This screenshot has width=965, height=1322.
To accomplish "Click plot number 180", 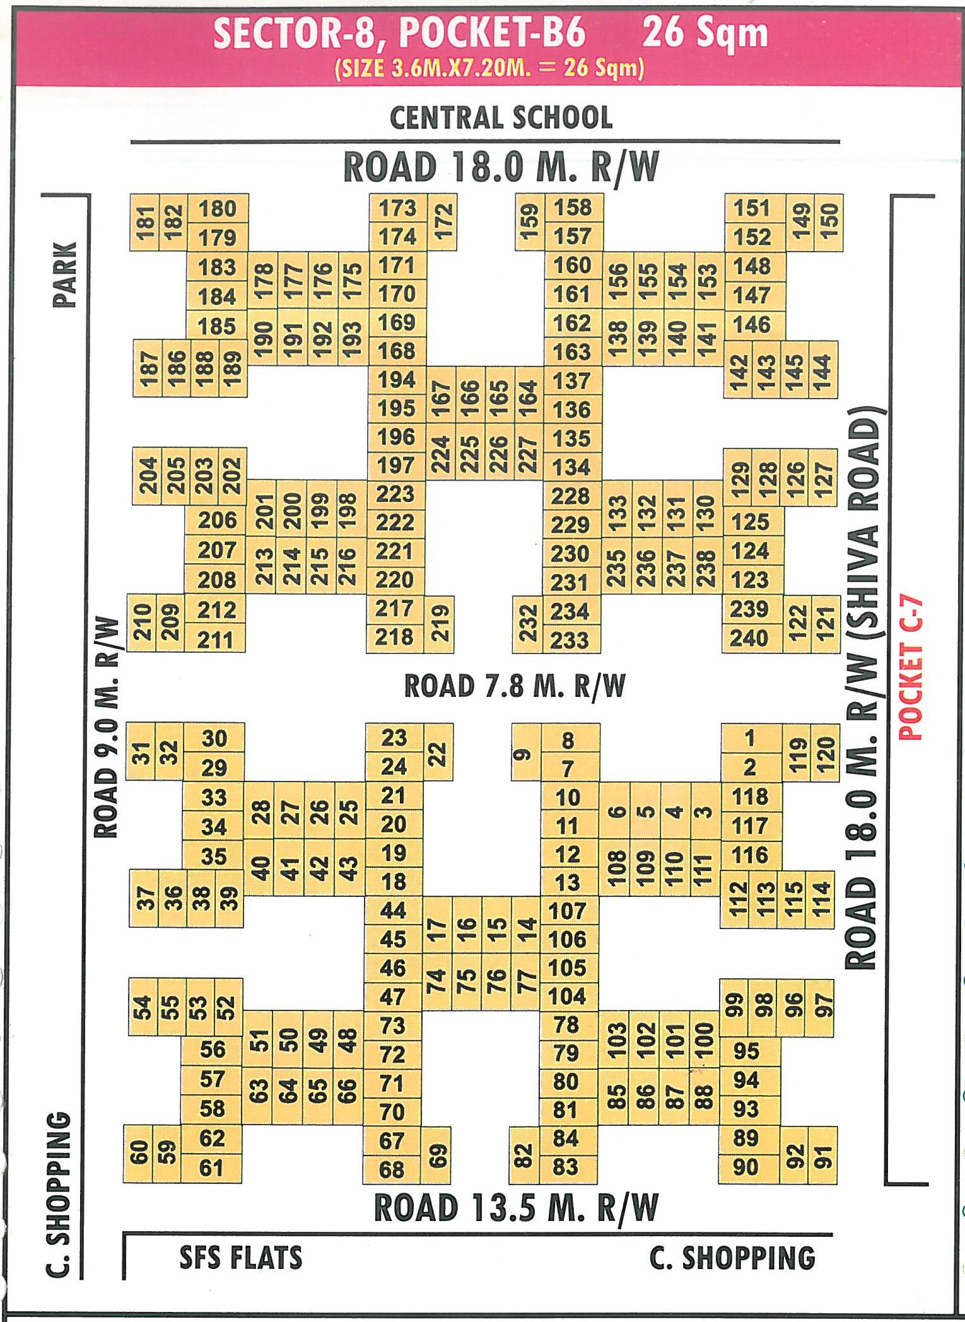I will coord(217,209).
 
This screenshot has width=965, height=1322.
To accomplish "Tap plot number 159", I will coord(530,222).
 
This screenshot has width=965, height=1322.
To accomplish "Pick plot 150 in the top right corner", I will coord(829,222).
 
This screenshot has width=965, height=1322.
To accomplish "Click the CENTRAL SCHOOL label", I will coord(501,118).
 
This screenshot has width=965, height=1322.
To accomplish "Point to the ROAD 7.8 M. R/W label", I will coord(514,686).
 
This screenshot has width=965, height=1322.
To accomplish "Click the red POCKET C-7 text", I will coord(911,668).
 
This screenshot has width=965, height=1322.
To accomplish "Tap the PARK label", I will coord(65,274).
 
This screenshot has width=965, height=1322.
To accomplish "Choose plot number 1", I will coord(749,737).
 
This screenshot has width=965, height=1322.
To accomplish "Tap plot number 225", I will coord(469,454).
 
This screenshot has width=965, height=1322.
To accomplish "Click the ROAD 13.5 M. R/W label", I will coord(516,1208).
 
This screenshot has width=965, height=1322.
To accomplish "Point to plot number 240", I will coord(749,638).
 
